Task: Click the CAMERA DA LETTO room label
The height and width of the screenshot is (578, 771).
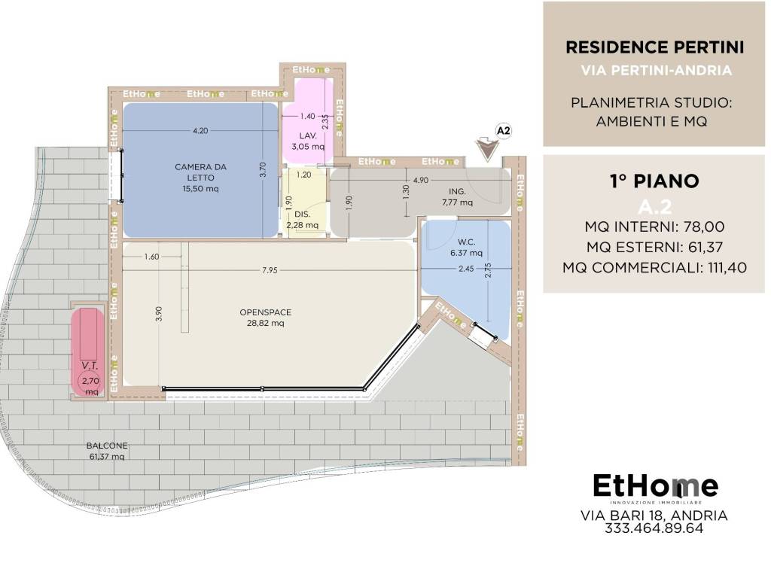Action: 200,178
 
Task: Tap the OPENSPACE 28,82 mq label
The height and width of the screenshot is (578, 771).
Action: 266,318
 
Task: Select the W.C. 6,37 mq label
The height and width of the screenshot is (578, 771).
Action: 466,247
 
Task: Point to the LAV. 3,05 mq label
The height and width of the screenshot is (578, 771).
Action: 308,141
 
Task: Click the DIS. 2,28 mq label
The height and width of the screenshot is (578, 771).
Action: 303,220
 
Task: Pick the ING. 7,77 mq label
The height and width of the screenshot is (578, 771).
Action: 457,196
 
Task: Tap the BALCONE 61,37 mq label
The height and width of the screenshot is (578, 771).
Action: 107,451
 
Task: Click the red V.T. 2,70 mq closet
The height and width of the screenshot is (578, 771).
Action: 87,351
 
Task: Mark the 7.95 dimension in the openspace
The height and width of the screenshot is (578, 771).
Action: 270,270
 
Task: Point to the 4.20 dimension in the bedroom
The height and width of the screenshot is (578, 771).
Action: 200,131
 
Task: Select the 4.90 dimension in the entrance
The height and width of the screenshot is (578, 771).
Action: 420,180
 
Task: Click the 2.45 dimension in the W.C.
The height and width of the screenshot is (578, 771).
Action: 466,269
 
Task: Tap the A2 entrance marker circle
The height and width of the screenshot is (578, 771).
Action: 504,131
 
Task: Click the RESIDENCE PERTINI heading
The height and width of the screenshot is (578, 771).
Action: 655,47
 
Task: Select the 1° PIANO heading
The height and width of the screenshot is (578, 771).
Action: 654,181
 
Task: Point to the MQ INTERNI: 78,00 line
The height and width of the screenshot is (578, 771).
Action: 654,227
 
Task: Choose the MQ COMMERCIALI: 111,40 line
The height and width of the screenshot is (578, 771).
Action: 654,267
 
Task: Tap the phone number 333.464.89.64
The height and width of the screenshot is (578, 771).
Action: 654,528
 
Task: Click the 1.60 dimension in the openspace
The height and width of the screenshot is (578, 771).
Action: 151,256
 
